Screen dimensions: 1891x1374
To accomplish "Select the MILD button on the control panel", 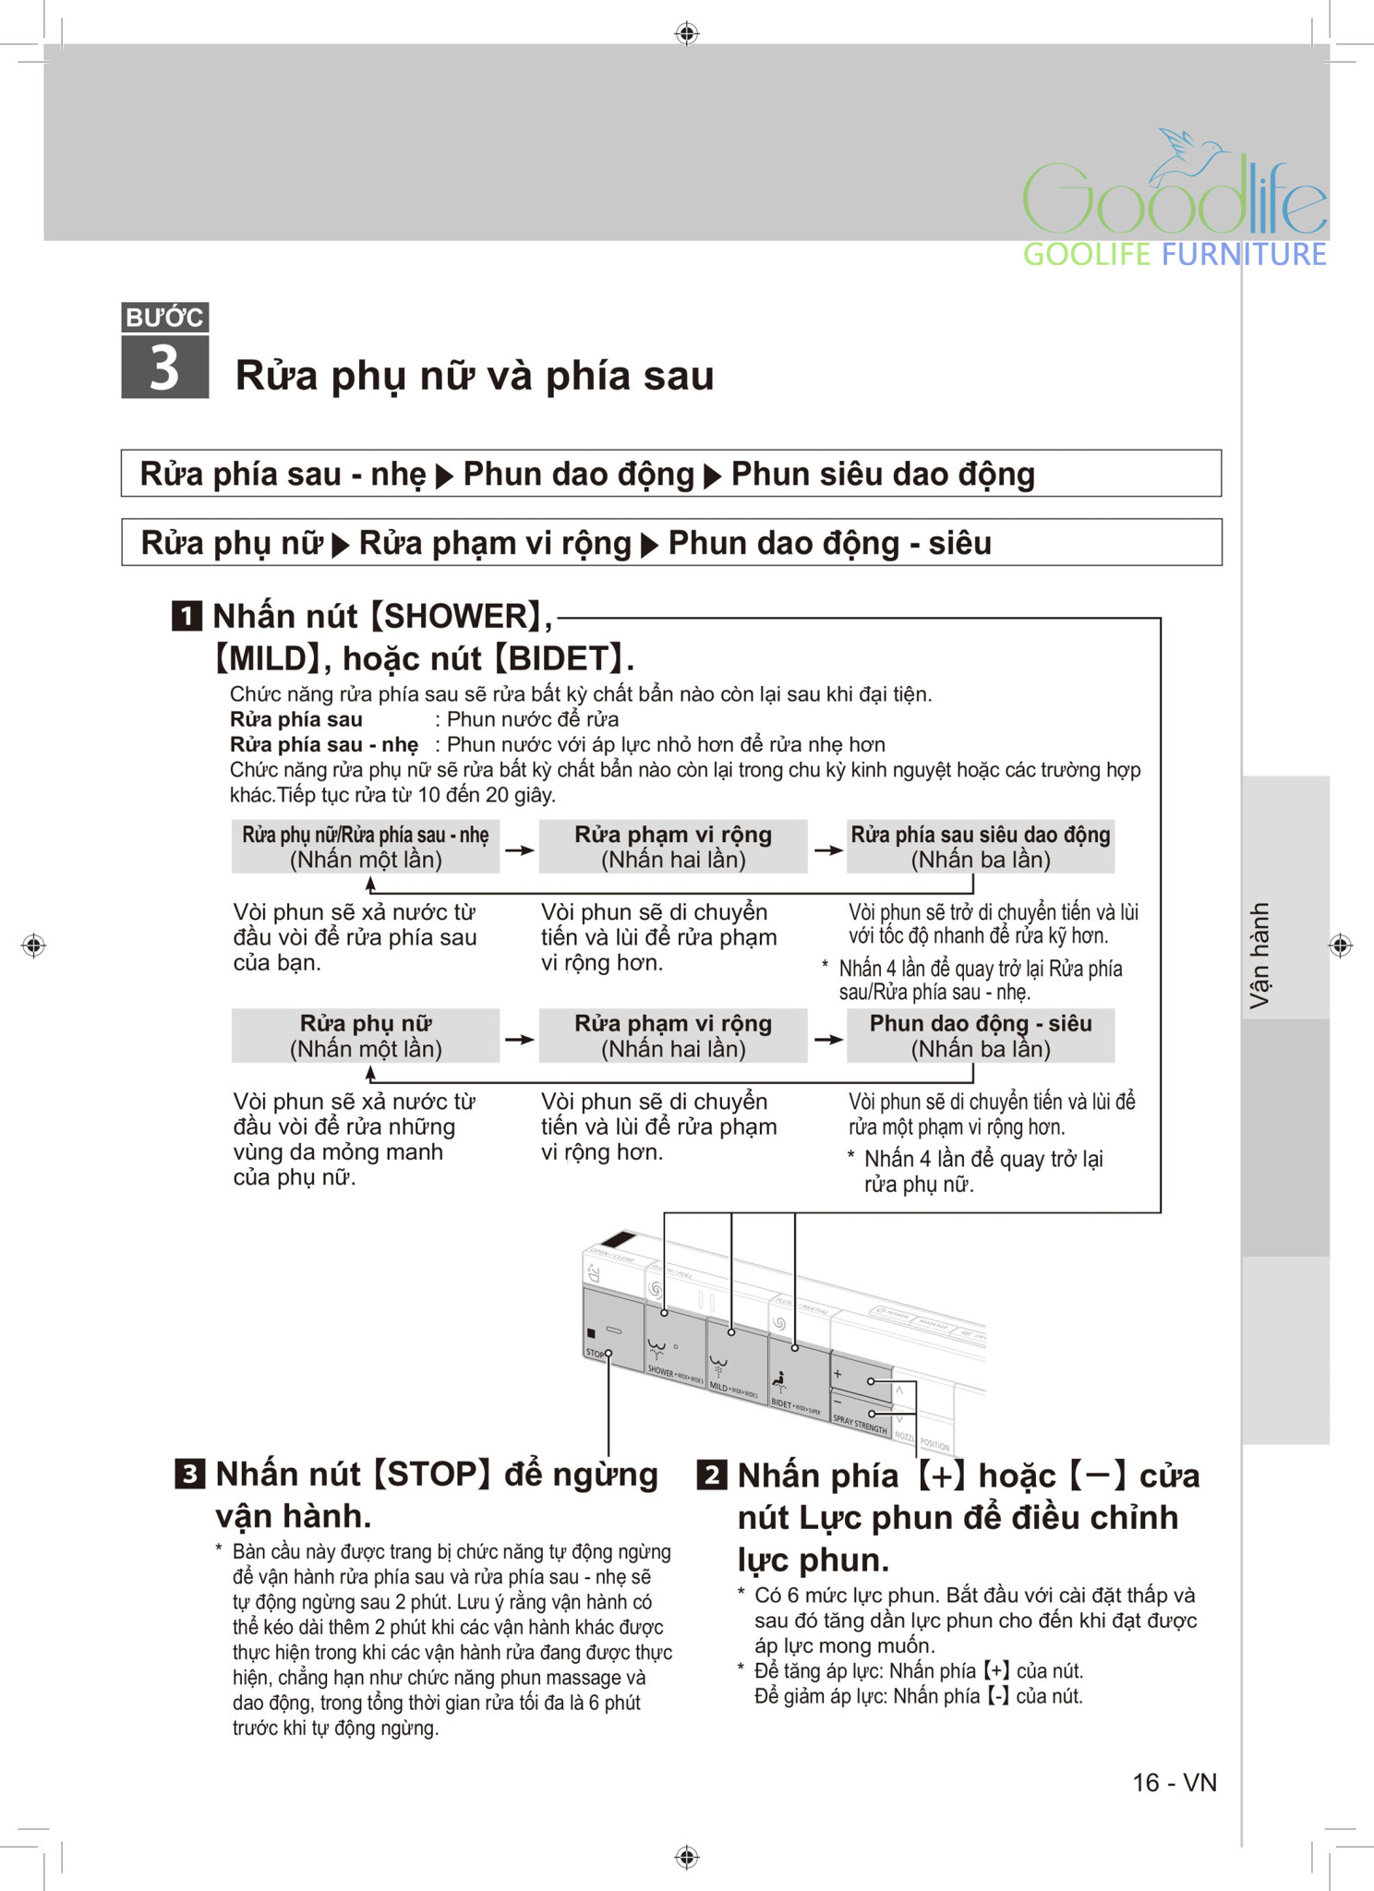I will [736, 1357].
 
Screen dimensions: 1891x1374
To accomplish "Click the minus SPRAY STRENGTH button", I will [861, 1410].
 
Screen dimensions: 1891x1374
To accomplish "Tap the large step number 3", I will [164, 367].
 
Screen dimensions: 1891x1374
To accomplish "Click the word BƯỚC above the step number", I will [164, 318].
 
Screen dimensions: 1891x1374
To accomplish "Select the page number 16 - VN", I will [1174, 1782].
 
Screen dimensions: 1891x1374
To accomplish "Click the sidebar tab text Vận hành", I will [1259, 955].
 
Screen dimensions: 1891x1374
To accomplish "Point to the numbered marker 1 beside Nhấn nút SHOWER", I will [187, 616].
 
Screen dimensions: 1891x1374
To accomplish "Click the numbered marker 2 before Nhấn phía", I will [711, 1475].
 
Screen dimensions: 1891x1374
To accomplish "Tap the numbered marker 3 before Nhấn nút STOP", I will [189, 1474].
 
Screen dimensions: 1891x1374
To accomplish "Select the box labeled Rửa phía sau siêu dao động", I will [980, 847].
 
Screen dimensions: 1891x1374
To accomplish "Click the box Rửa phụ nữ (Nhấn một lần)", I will [366, 1036].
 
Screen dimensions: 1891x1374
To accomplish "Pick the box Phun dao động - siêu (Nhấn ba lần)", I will [980, 1036].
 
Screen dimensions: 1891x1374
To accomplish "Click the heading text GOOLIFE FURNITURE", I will [1174, 254].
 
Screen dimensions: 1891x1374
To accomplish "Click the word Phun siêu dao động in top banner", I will [882, 474].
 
